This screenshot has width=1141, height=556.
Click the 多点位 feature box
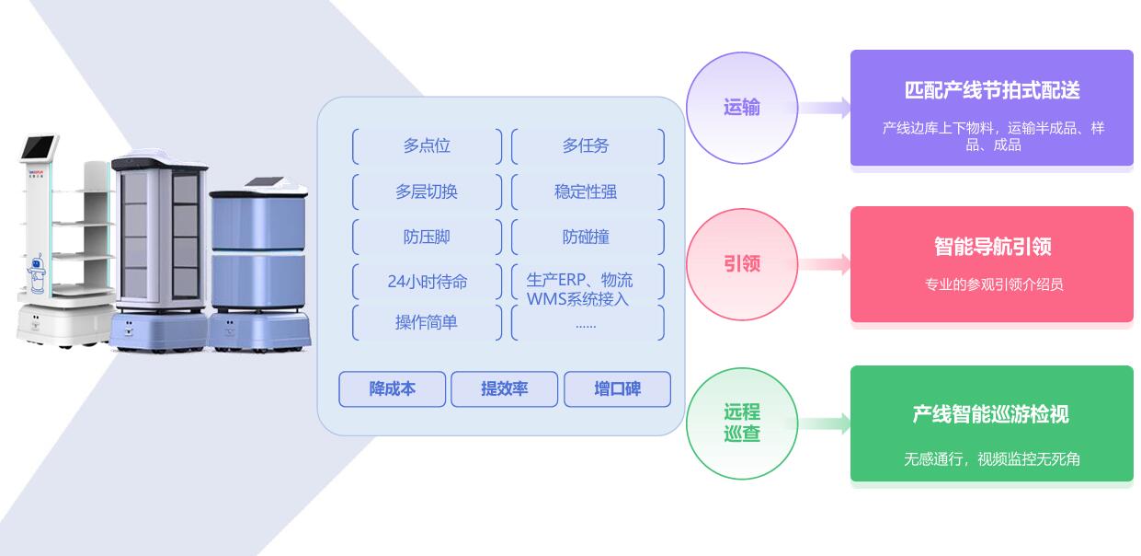pos(427,145)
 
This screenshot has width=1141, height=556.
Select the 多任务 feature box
pos(586,145)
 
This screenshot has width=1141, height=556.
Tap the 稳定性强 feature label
pos(586,191)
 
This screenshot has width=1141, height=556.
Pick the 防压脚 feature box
pos(427,237)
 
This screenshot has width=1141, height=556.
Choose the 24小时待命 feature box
pos(427,282)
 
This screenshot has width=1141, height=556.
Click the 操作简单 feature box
pos(427,322)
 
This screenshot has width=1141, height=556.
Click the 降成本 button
pos(393,388)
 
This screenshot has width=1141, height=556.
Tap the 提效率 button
pos(504,388)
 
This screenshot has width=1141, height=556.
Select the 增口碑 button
pos(617,388)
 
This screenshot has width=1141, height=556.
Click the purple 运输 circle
pos(742,108)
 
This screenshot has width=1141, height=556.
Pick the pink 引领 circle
pos(742,264)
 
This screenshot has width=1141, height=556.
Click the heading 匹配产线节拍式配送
pos(992,90)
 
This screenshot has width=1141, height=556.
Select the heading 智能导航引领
pos(992,247)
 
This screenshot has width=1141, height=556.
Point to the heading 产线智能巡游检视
pos(990,414)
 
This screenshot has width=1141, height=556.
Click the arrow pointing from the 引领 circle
pos(825,265)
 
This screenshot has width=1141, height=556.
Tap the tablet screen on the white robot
pos(40,147)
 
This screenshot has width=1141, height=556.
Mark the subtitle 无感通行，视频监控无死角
pos(992,458)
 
